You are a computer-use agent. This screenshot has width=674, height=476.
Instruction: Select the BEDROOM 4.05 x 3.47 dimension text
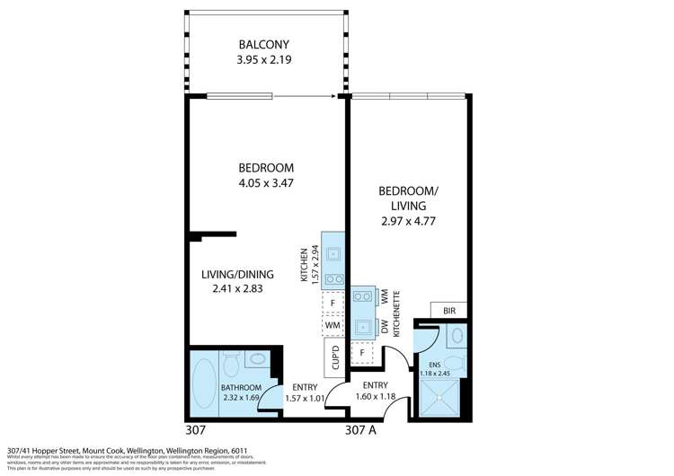click(x=266, y=183)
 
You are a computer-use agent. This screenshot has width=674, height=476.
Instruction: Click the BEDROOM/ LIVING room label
click(x=408, y=198)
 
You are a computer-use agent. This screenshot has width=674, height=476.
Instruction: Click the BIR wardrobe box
click(x=449, y=311)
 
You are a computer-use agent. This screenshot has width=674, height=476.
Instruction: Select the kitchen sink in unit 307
click(x=333, y=254)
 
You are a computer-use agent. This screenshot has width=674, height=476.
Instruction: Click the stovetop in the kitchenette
click(x=362, y=295)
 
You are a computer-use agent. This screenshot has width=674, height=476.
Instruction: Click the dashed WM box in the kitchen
click(x=333, y=323)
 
